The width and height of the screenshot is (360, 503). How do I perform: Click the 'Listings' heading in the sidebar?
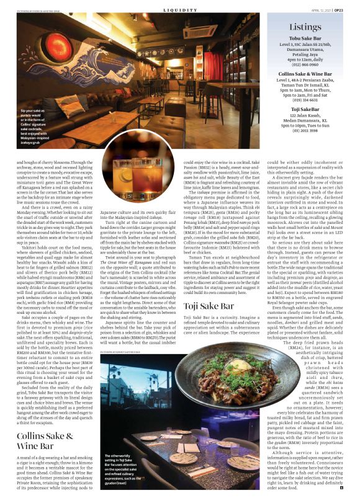(x=305, y=27)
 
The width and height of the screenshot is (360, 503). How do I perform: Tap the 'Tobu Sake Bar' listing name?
(x=305, y=38)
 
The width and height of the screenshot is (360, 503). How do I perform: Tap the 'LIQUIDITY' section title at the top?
(x=179, y=10)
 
